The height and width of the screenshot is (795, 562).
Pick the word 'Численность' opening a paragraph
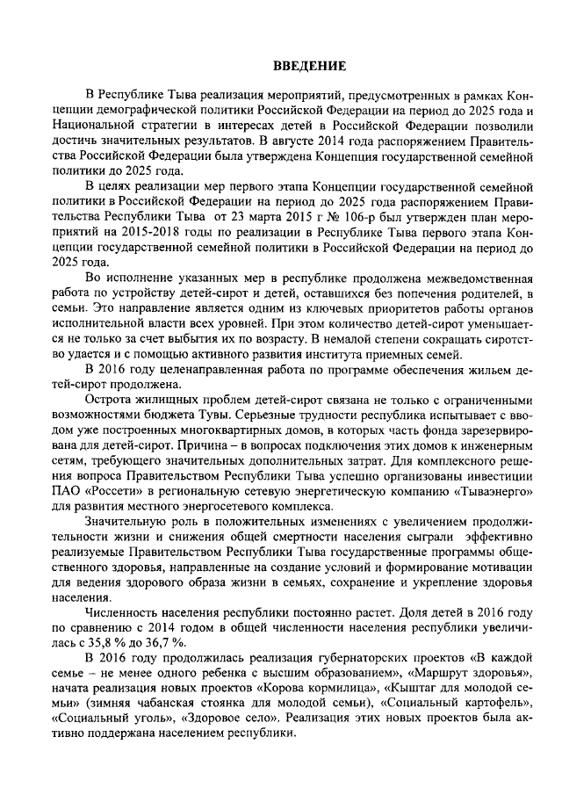[x=123, y=613]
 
